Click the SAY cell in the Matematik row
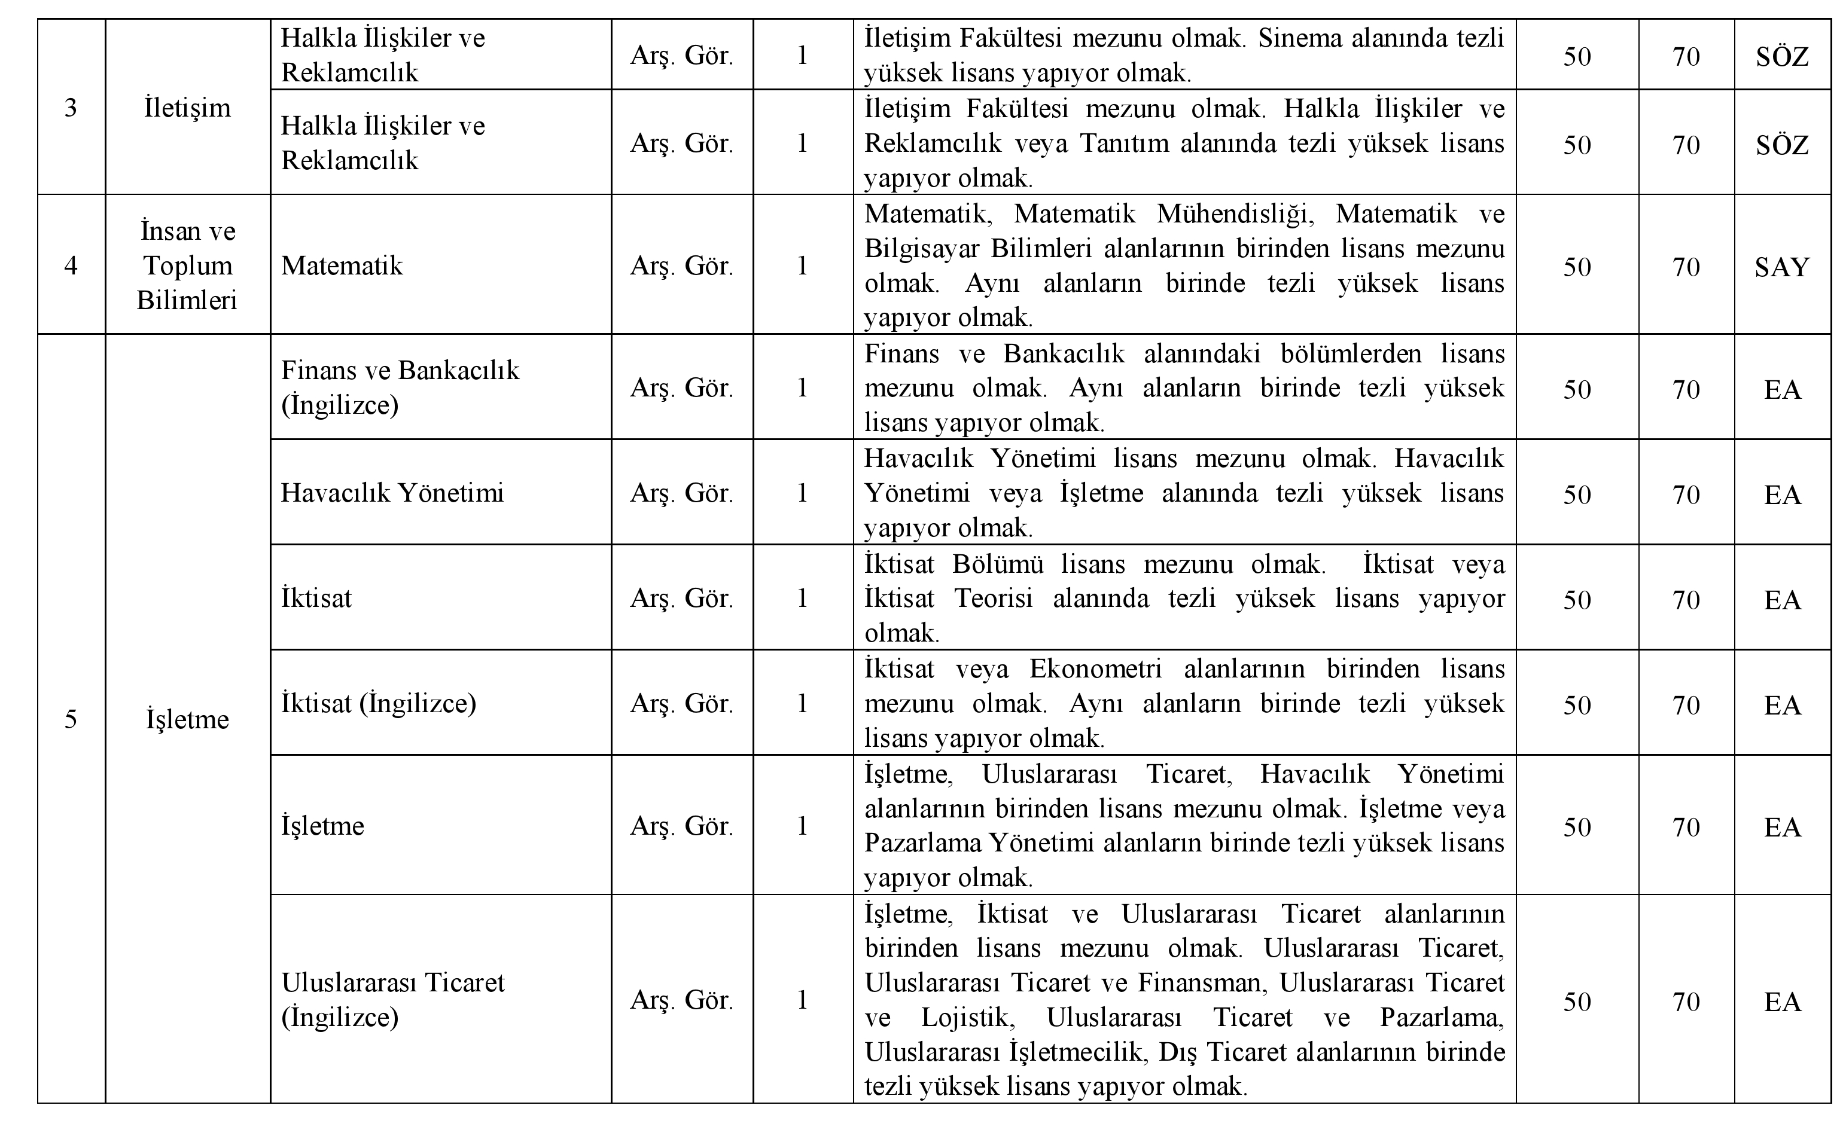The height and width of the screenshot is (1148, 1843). point(1781,267)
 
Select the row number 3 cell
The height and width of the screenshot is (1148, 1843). point(71,108)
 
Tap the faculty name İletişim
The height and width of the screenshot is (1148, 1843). point(187,108)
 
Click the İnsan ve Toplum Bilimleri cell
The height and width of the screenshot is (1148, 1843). point(187,265)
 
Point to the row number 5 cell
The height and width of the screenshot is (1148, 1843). point(71,718)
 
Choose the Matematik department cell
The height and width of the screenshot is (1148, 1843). point(342,265)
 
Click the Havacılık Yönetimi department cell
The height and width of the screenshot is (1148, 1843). point(392,493)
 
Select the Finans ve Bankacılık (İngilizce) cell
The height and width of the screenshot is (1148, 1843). point(400,387)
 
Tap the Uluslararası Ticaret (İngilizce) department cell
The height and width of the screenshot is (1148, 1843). point(392,999)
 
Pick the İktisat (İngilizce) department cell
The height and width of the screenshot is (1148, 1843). point(378,703)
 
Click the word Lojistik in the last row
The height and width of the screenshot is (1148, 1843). point(964,1016)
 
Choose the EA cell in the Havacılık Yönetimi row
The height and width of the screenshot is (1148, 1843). point(1781,494)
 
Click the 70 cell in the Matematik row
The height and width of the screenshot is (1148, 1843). point(1686,267)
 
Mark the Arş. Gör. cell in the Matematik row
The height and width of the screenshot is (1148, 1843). point(681,265)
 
